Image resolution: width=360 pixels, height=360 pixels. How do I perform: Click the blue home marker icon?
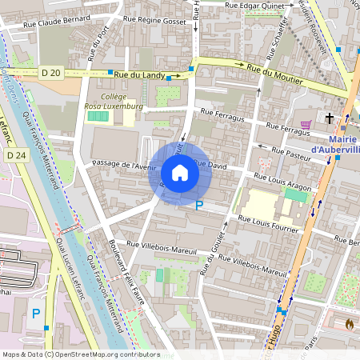179,173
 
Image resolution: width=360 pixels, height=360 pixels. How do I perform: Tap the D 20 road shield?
50,73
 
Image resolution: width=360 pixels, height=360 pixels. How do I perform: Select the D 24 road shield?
15,154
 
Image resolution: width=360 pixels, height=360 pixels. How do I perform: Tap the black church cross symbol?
329,118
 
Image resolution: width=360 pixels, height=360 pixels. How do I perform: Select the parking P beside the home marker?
200,206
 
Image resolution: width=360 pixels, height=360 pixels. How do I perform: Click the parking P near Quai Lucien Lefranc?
35,314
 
